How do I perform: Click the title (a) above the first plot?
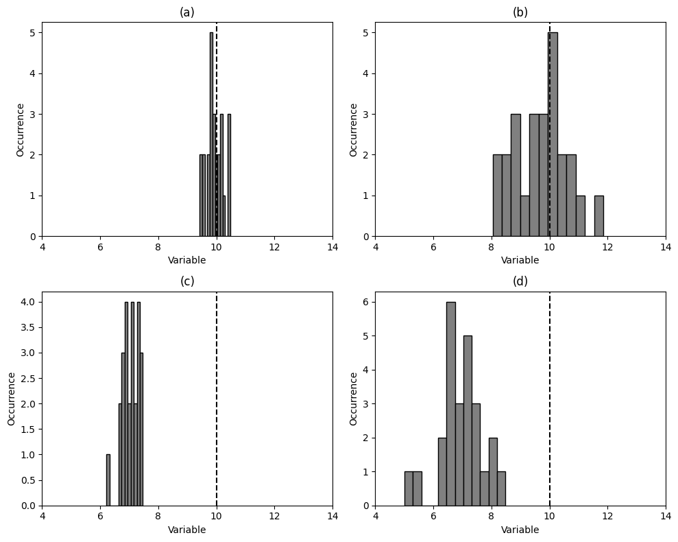(187, 12)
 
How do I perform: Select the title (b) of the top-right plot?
(520, 12)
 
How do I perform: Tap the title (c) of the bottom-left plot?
(187, 281)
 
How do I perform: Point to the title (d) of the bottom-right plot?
(520, 281)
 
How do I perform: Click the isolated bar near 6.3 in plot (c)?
(108, 480)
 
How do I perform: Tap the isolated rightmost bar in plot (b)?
(598, 215)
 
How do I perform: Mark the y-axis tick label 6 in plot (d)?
(365, 302)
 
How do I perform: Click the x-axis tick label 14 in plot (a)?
(332, 248)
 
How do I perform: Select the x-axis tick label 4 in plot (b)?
(376, 248)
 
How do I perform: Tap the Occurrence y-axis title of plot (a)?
(21, 130)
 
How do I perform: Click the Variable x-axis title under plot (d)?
(520, 530)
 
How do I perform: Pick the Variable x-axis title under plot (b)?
(520, 261)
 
